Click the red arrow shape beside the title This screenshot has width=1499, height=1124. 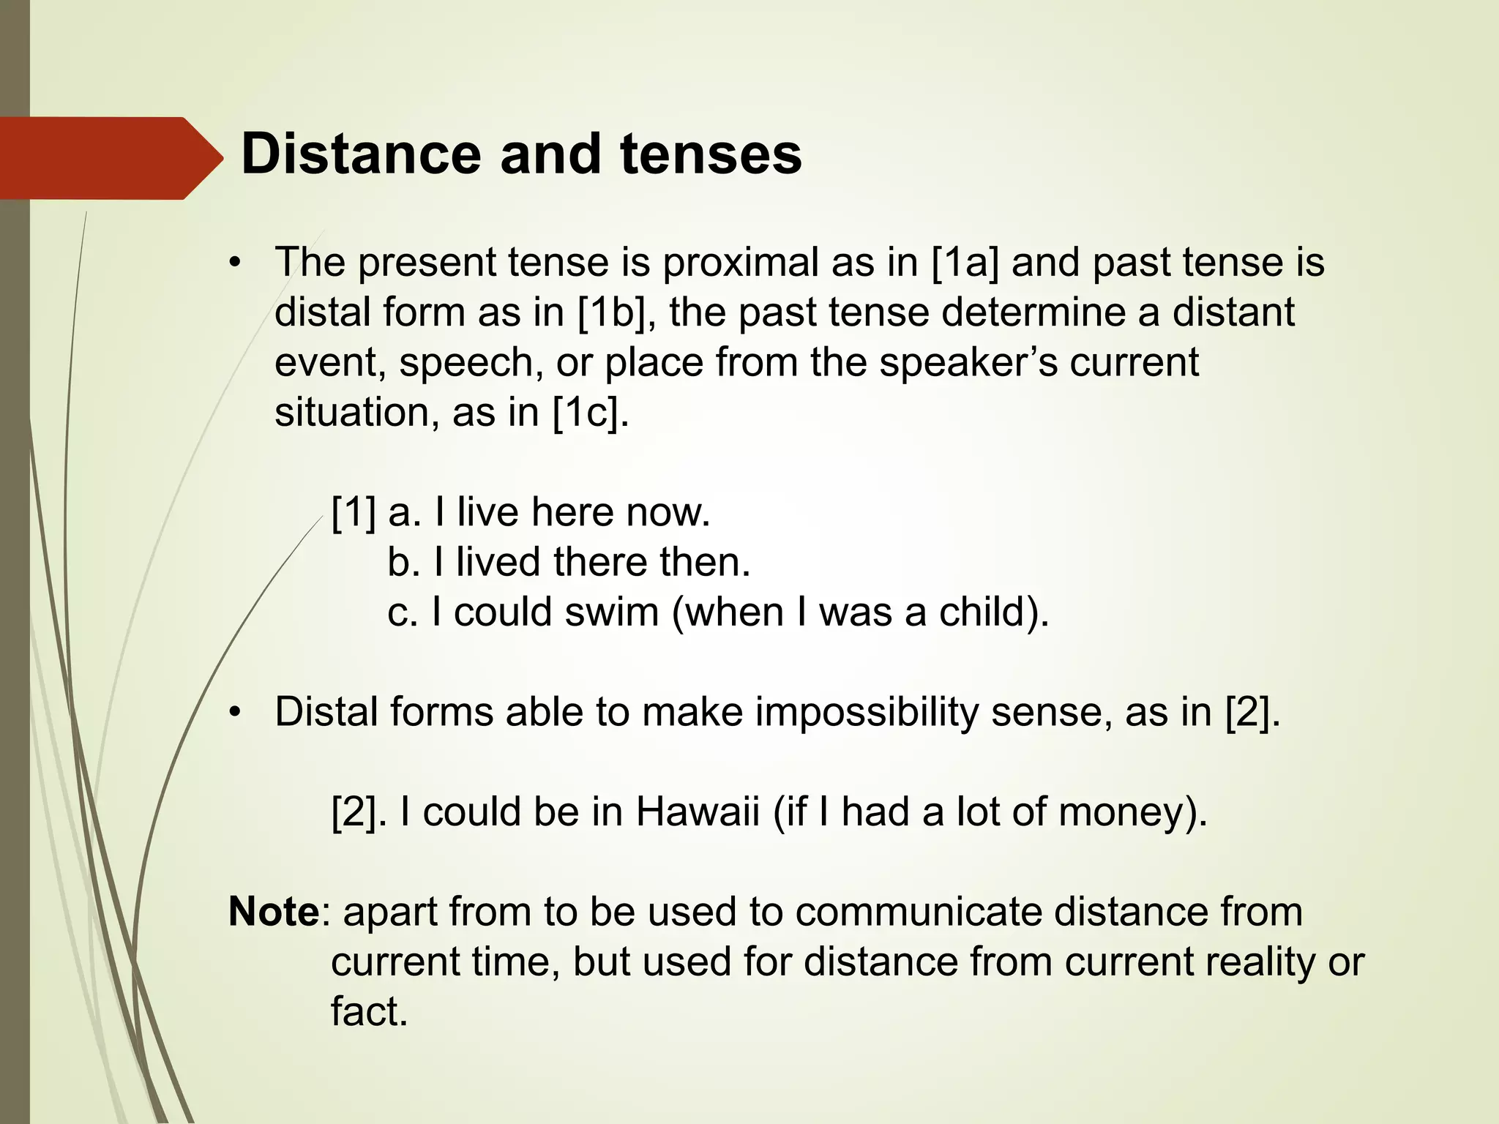[110, 158]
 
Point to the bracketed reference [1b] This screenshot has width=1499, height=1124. [612, 312]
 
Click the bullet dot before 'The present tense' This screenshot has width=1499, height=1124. [234, 263]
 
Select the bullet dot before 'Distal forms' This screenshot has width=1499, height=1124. [234, 713]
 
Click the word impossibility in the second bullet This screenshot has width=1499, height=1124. [867, 712]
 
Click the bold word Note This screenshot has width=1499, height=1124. [274, 912]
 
